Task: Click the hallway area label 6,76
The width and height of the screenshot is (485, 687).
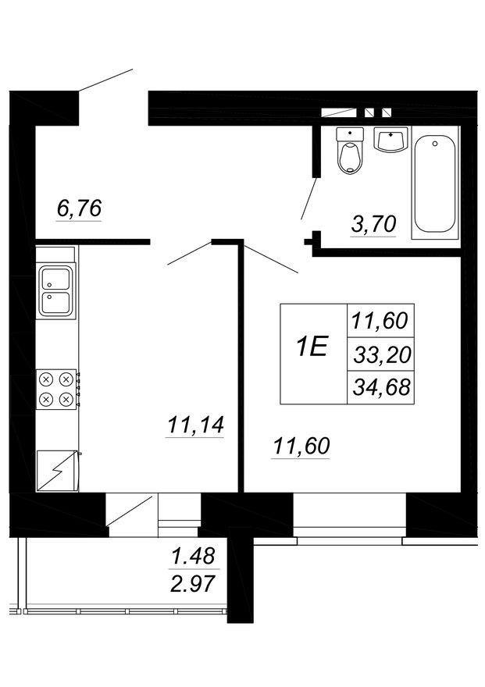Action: (x=80, y=208)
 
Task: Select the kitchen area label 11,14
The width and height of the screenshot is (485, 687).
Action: (x=195, y=425)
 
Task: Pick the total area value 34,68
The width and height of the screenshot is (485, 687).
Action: (x=382, y=386)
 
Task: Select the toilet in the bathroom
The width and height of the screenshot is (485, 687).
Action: (x=349, y=150)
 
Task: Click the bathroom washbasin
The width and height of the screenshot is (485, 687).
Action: (x=390, y=140)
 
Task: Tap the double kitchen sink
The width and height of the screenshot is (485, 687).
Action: (x=57, y=289)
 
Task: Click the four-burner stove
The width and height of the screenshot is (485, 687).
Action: (x=56, y=390)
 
